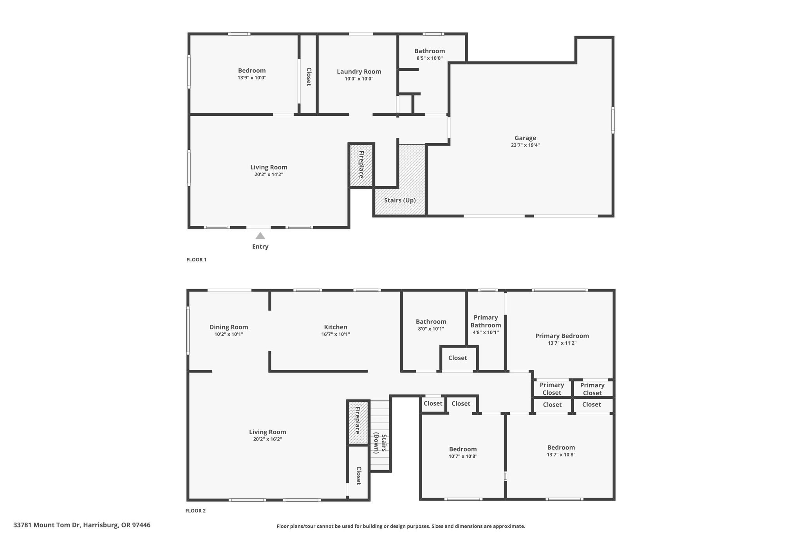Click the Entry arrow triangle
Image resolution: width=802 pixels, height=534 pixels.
260,236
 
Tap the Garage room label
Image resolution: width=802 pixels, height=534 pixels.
525,138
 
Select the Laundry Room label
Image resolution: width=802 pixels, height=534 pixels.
359,72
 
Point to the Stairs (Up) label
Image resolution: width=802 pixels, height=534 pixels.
400,200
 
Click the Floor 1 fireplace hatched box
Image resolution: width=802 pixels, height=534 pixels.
361,165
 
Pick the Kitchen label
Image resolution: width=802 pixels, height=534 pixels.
335,327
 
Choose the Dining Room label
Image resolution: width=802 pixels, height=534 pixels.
229,327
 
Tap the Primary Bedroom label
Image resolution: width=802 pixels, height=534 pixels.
562,336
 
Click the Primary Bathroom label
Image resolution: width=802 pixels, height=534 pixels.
486,321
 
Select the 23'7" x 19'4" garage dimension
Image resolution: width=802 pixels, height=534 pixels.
525,145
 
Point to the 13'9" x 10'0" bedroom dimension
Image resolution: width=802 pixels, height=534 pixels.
252,78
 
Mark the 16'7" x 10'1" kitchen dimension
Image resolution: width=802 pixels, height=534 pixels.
335,334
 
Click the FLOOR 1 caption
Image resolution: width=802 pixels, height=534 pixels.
196,260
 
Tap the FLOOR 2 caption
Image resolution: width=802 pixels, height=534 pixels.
195,511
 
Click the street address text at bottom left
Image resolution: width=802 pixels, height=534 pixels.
82,525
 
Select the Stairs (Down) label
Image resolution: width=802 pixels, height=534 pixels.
380,443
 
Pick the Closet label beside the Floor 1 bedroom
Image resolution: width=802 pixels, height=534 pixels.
309,77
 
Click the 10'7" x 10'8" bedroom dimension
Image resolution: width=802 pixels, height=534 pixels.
463,457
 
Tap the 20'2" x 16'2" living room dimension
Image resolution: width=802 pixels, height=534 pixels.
267,439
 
